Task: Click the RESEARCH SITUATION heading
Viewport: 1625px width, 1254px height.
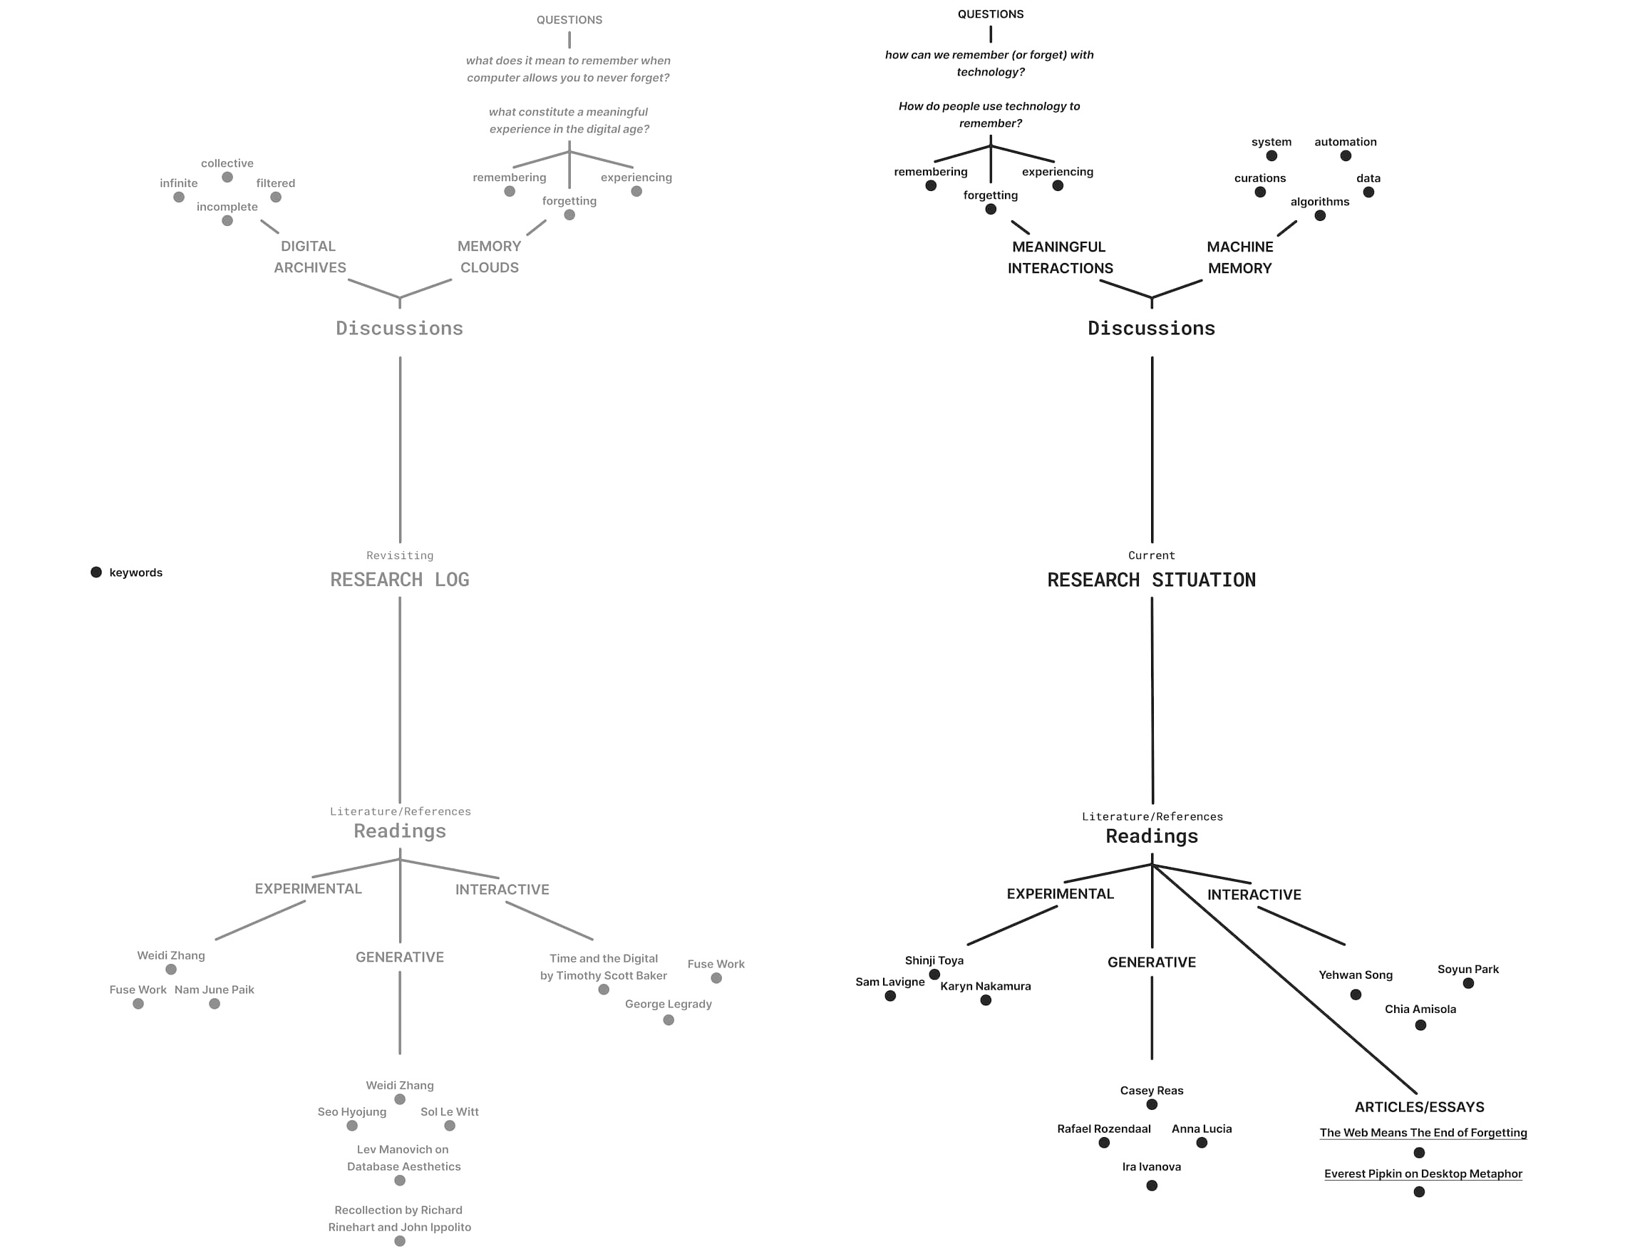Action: pyautogui.click(x=1151, y=580)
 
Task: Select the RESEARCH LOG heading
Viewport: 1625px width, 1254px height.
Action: pyautogui.click(x=400, y=580)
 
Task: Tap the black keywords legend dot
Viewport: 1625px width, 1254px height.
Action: pyautogui.click(x=96, y=572)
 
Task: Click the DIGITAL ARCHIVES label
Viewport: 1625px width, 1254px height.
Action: pyautogui.click(x=309, y=257)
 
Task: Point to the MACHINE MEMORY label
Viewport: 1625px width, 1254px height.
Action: pyautogui.click(x=1239, y=257)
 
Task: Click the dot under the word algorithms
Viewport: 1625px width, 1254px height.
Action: pyautogui.click(x=1320, y=216)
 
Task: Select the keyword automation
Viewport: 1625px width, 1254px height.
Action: pyautogui.click(x=1345, y=142)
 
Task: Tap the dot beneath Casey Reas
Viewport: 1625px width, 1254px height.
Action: pyautogui.click(x=1152, y=1104)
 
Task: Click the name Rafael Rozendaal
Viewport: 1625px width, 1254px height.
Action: pyautogui.click(x=1103, y=1129)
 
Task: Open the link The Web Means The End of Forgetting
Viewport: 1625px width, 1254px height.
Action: pyautogui.click(x=1423, y=1133)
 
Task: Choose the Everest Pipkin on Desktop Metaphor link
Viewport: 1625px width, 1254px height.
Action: pyautogui.click(x=1423, y=1173)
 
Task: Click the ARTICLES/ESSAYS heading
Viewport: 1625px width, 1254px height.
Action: pyautogui.click(x=1419, y=1106)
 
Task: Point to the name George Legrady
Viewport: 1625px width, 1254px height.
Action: pyautogui.click(x=668, y=1004)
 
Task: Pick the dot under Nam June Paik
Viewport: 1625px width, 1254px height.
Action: pyautogui.click(x=215, y=1004)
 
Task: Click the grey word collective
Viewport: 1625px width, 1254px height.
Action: pyautogui.click(x=227, y=164)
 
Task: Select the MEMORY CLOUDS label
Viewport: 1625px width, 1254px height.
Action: pyautogui.click(x=489, y=257)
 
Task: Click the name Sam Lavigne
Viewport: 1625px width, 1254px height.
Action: pyautogui.click(x=890, y=982)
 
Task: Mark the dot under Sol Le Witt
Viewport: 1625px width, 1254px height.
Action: pyautogui.click(x=450, y=1126)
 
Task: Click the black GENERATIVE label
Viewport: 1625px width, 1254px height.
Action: pyautogui.click(x=1152, y=962)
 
